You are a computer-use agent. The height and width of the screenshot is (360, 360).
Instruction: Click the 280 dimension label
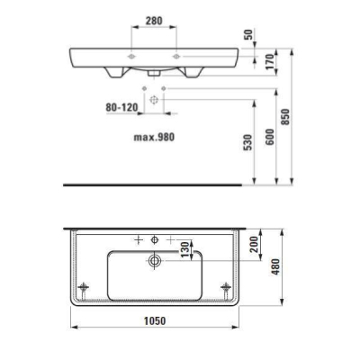pos(154,21)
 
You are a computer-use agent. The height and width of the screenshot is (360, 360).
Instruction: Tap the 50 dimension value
pos(249,34)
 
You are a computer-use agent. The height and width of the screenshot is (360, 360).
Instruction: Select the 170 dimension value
pos(271,61)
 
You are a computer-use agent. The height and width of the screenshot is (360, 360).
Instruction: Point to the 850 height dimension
pos(285,117)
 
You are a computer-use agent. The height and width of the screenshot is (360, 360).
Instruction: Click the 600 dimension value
pos(270,137)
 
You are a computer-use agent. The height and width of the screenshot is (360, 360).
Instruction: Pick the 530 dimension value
pos(248,142)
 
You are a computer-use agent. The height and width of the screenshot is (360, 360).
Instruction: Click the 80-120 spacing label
pos(121,107)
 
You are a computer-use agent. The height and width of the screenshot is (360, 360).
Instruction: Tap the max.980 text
pos(154,137)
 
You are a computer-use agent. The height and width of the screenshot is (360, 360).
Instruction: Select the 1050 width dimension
pos(155,320)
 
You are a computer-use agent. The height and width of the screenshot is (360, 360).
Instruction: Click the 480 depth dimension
pos(275,266)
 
